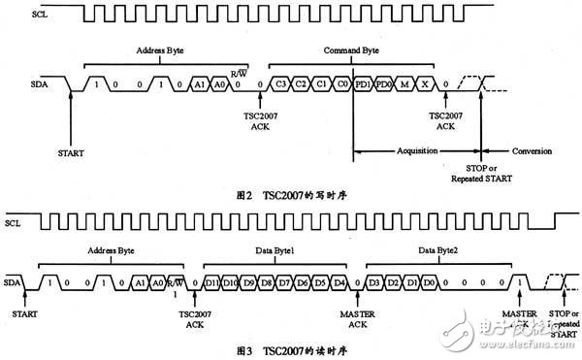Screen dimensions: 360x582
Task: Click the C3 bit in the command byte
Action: tap(279, 85)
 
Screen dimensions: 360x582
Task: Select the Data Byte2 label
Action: tap(435, 248)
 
